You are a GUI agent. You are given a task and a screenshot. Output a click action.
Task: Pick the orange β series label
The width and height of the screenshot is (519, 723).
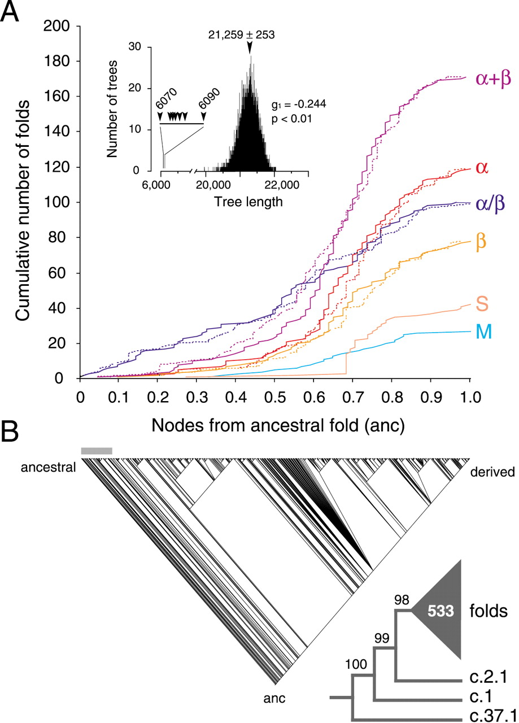[482, 241]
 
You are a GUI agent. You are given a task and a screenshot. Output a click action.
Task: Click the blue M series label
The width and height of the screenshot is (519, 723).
[483, 333]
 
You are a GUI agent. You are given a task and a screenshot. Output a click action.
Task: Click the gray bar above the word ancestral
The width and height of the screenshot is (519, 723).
[97, 451]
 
